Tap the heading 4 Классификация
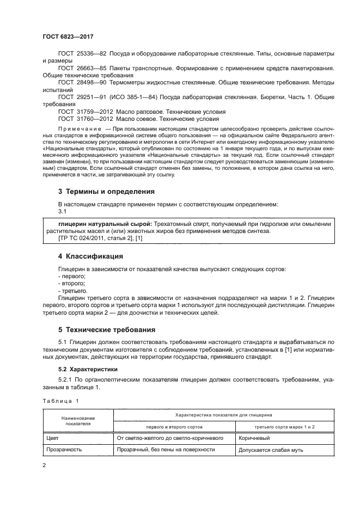pos(90,256)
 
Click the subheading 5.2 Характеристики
pos(85,369)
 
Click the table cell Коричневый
pos(253,437)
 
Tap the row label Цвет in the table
pos(54,437)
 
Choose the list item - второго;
pos(71,284)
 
